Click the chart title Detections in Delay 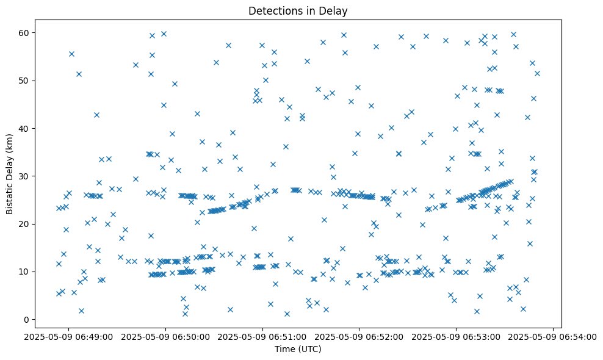tap(298, 11)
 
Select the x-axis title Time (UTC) tap(298, 349)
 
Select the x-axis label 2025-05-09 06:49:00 tap(69, 337)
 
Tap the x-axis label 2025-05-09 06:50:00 tap(166, 337)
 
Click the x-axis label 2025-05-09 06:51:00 tap(263, 337)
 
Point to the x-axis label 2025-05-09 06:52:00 tap(359, 337)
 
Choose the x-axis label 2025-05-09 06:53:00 tap(457, 337)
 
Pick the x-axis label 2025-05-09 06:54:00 tap(553, 337)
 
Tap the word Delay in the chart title tap(335, 11)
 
